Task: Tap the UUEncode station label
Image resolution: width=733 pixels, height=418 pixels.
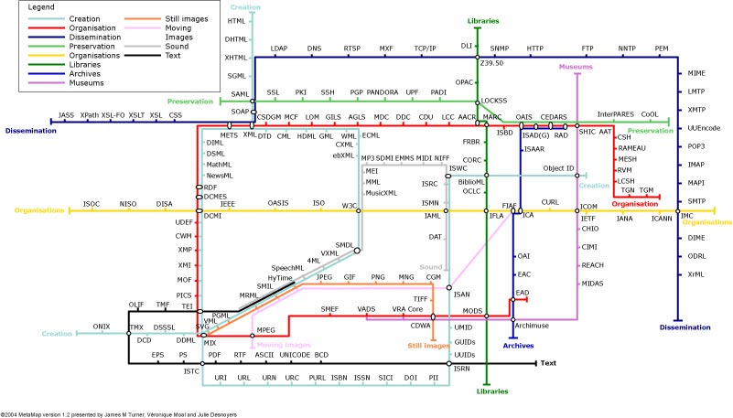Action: [x=703, y=128]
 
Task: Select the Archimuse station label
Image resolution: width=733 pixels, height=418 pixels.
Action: [x=531, y=325]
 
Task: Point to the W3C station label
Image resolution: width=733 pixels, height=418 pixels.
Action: [x=349, y=206]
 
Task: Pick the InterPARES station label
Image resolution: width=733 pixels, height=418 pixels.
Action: [x=616, y=114]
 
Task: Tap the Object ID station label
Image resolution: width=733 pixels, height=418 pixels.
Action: [x=558, y=168]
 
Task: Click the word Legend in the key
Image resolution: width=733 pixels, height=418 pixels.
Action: [x=42, y=7]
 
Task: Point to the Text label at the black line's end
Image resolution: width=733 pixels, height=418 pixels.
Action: [x=548, y=363]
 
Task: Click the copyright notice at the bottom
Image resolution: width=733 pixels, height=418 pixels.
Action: [x=119, y=413]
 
